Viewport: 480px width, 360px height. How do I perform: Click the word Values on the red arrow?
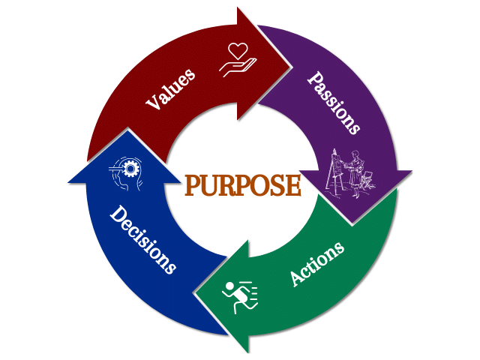click(171, 88)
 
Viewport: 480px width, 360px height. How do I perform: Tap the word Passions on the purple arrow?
click(334, 103)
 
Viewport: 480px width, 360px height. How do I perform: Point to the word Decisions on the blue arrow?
click(142, 239)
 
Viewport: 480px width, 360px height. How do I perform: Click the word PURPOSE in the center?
click(242, 185)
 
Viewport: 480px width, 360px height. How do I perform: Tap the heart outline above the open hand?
click(238, 51)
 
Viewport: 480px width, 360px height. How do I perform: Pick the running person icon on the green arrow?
click(239, 297)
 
